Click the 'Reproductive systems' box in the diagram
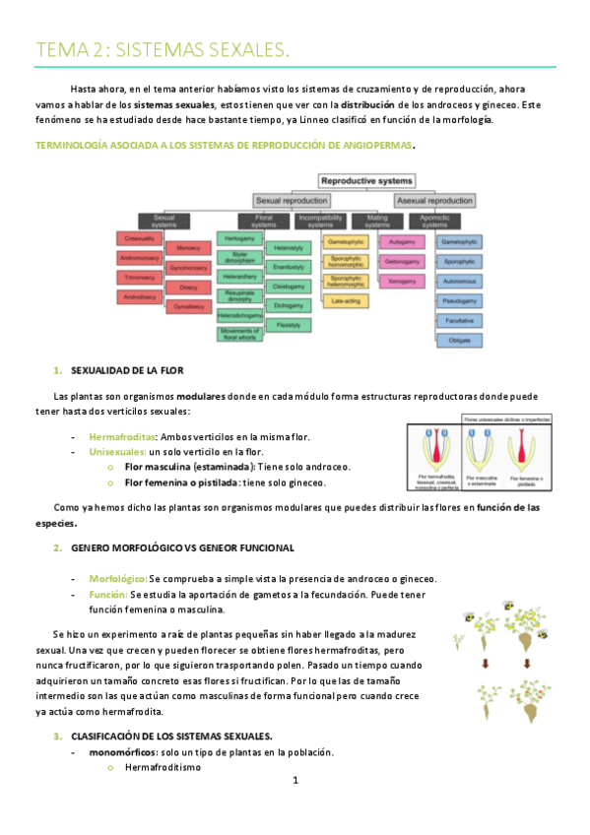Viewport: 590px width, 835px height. pyautogui.click(x=366, y=180)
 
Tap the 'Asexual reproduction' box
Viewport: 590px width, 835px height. pyautogui.click(x=434, y=200)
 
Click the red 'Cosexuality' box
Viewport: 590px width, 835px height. pyautogui.click(x=139, y=238)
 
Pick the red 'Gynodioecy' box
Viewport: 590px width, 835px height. pyautogui.click(x=188, y=306)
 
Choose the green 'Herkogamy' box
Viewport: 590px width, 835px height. pyautogui.click(x=239, y=238)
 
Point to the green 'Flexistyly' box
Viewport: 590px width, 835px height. pyautogui.click(x=289, y=324)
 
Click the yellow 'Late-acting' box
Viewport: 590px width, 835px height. pyautogui.click(x=345, y=299)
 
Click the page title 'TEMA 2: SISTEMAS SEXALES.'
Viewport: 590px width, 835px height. pyautogui.click(x=163, y=49)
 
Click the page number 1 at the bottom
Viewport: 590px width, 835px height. pyautogui.click(x=295, y=781)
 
